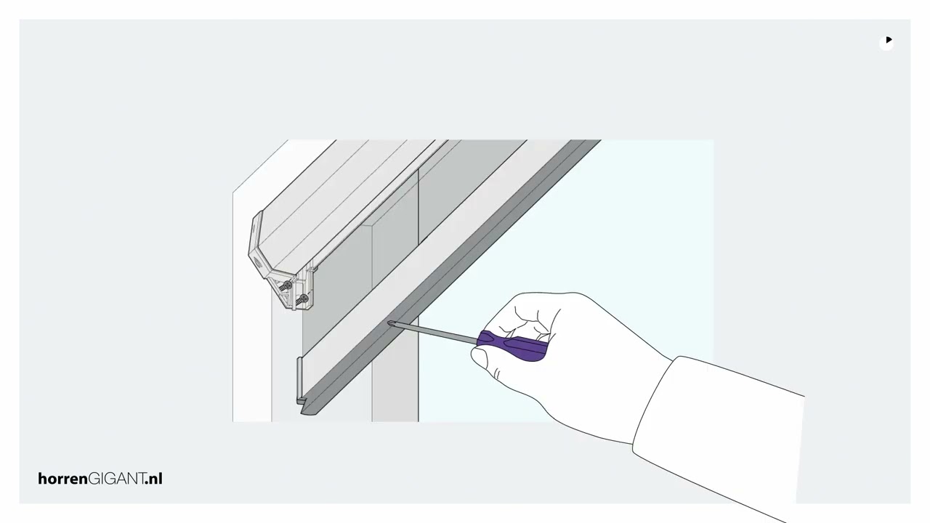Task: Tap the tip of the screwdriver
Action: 389,323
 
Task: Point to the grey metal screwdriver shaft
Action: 432,333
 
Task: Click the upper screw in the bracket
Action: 286,286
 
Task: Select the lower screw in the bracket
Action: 303,299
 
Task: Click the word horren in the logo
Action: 62,479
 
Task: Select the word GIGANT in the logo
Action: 116,479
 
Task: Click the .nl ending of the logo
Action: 153,479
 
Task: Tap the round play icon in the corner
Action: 886,43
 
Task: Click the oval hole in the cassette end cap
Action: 257,261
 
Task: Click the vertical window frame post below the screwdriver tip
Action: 395,373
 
